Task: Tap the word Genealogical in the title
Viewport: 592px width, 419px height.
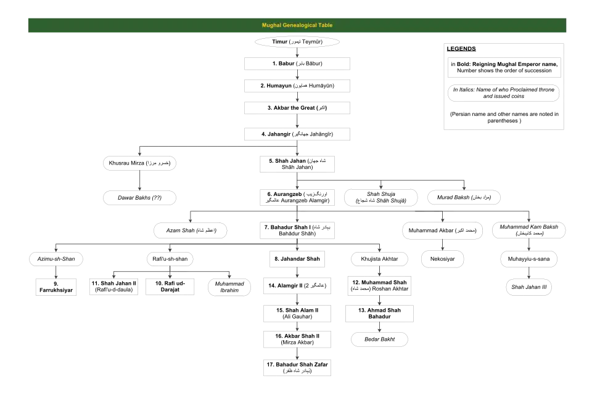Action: pyautogui.click(x=298, y=25)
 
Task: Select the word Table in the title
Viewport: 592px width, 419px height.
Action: pyautogui.click(x=326, y=25)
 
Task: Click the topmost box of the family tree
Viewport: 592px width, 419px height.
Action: pyautogui.click(x=296, y=41)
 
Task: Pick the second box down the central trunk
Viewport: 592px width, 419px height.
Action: pyautogui.click(x=296, y=64)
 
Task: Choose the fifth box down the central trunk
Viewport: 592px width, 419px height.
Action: pyautogui.click(x=296, y=133)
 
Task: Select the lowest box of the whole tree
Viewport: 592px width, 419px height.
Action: pyautogui.click(x=298, y=367)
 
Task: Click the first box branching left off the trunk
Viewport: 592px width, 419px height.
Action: pyautogui.click(x=140, y=163)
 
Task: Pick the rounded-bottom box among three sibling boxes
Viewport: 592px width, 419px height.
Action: pyautogui.click(x=229, y=287)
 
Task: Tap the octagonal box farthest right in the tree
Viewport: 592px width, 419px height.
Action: pyautogui.click(x=528, y=259)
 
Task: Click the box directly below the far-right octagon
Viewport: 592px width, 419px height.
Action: pyautogui.click(x=528, y=287)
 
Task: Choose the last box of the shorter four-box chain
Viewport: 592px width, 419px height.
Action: pyautogui.click(x=380, y=340)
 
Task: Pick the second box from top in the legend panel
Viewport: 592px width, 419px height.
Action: pyautogui.click(x=503, y=67)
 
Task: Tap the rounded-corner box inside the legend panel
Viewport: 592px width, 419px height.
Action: pyautogui.click(x=503, y=94)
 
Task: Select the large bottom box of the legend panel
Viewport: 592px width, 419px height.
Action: pyautogui.click(x=503, y=116)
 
